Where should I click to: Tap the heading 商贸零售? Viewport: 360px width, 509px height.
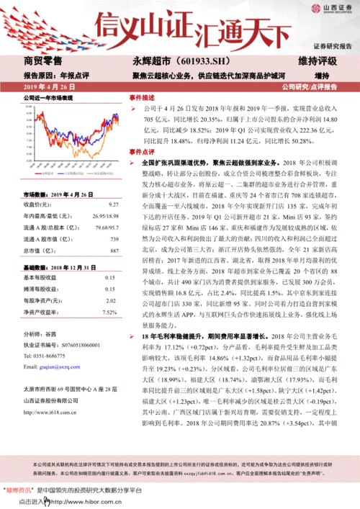[x=42, y=61]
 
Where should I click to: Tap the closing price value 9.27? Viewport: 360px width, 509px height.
[x=112, y=205]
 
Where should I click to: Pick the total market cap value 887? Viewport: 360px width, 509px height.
[x=113, y=249]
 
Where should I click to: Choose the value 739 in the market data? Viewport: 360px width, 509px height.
[x=113, y=238]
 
